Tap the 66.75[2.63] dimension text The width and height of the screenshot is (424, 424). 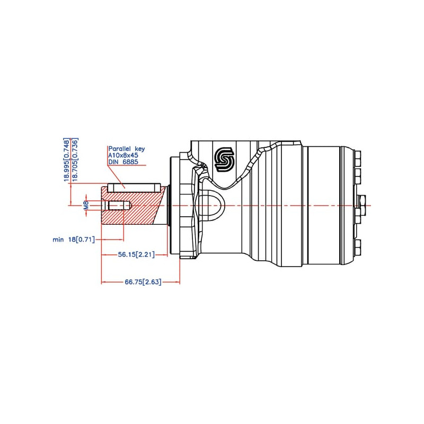tap(143, 282)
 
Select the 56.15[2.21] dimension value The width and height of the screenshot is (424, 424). tap(136, 255)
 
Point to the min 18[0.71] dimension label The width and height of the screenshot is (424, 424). tap(74, 240)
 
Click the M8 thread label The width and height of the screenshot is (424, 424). tap(86, 206)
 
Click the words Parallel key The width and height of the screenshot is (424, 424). tap(126, 149)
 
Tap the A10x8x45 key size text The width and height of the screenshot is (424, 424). tap(123, 155)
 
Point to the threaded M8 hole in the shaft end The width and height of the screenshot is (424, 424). tap(117, 206)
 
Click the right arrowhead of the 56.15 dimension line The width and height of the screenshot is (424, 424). tap(165, 255)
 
